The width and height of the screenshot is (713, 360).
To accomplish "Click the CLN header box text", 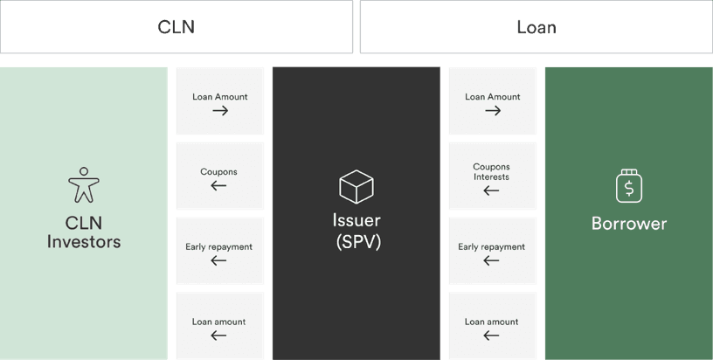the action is pos(176,27).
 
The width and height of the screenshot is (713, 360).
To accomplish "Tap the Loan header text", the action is pos(536,27).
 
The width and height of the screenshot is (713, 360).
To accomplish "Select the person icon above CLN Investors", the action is pos(84,184).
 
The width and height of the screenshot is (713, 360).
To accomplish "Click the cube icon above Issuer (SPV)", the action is pos(356,186).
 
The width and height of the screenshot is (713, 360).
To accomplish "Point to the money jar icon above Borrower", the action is pos(629,185).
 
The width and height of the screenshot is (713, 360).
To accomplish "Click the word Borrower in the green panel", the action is pos(629,224).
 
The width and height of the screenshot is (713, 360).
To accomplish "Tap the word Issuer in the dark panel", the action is pos(356,220).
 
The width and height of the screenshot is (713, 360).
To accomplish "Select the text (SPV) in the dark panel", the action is pos(358,242).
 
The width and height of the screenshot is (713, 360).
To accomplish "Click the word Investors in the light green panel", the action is pos(84,241).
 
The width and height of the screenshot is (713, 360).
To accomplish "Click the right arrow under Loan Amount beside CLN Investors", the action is pos(220,110).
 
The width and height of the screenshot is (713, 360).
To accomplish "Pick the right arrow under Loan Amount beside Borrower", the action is pos(493,110).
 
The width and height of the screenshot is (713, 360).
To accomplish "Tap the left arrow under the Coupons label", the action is pos(218,185).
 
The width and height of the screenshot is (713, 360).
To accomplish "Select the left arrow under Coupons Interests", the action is pos(491,190).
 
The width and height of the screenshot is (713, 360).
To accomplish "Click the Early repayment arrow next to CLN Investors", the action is pos(218,260).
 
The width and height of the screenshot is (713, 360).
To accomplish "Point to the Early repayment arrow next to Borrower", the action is pos(491,260).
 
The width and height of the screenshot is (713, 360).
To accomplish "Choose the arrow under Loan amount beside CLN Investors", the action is pos(218,336).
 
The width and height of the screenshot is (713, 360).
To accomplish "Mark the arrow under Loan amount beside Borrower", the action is pos(491,336).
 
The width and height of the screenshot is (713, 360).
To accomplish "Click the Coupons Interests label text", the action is pos(492,172).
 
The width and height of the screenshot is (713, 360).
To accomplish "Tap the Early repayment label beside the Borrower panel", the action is pos(492,247).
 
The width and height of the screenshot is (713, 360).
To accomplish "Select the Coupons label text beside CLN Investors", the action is pos(218,172).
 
